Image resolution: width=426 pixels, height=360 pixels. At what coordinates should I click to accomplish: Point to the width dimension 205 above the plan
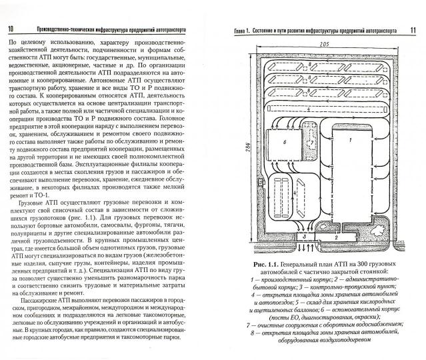324,44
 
